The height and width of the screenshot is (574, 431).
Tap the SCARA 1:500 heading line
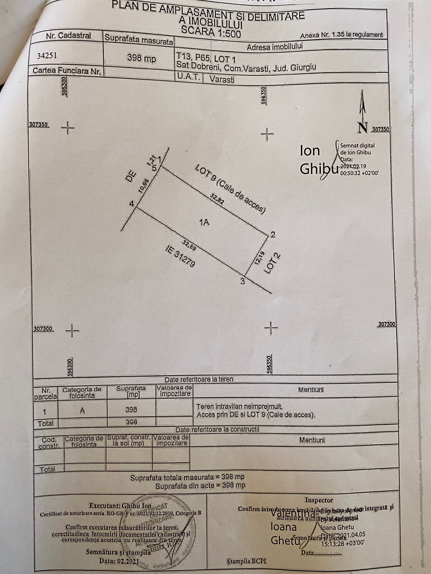coord(210,32)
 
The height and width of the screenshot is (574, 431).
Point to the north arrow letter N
coord(363,128)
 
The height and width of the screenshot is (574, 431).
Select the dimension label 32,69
coord(189,244)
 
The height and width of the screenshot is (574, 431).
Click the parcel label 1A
coord(204,222)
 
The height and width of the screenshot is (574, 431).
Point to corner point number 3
coord(242,281)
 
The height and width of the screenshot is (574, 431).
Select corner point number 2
coord(273,235)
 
